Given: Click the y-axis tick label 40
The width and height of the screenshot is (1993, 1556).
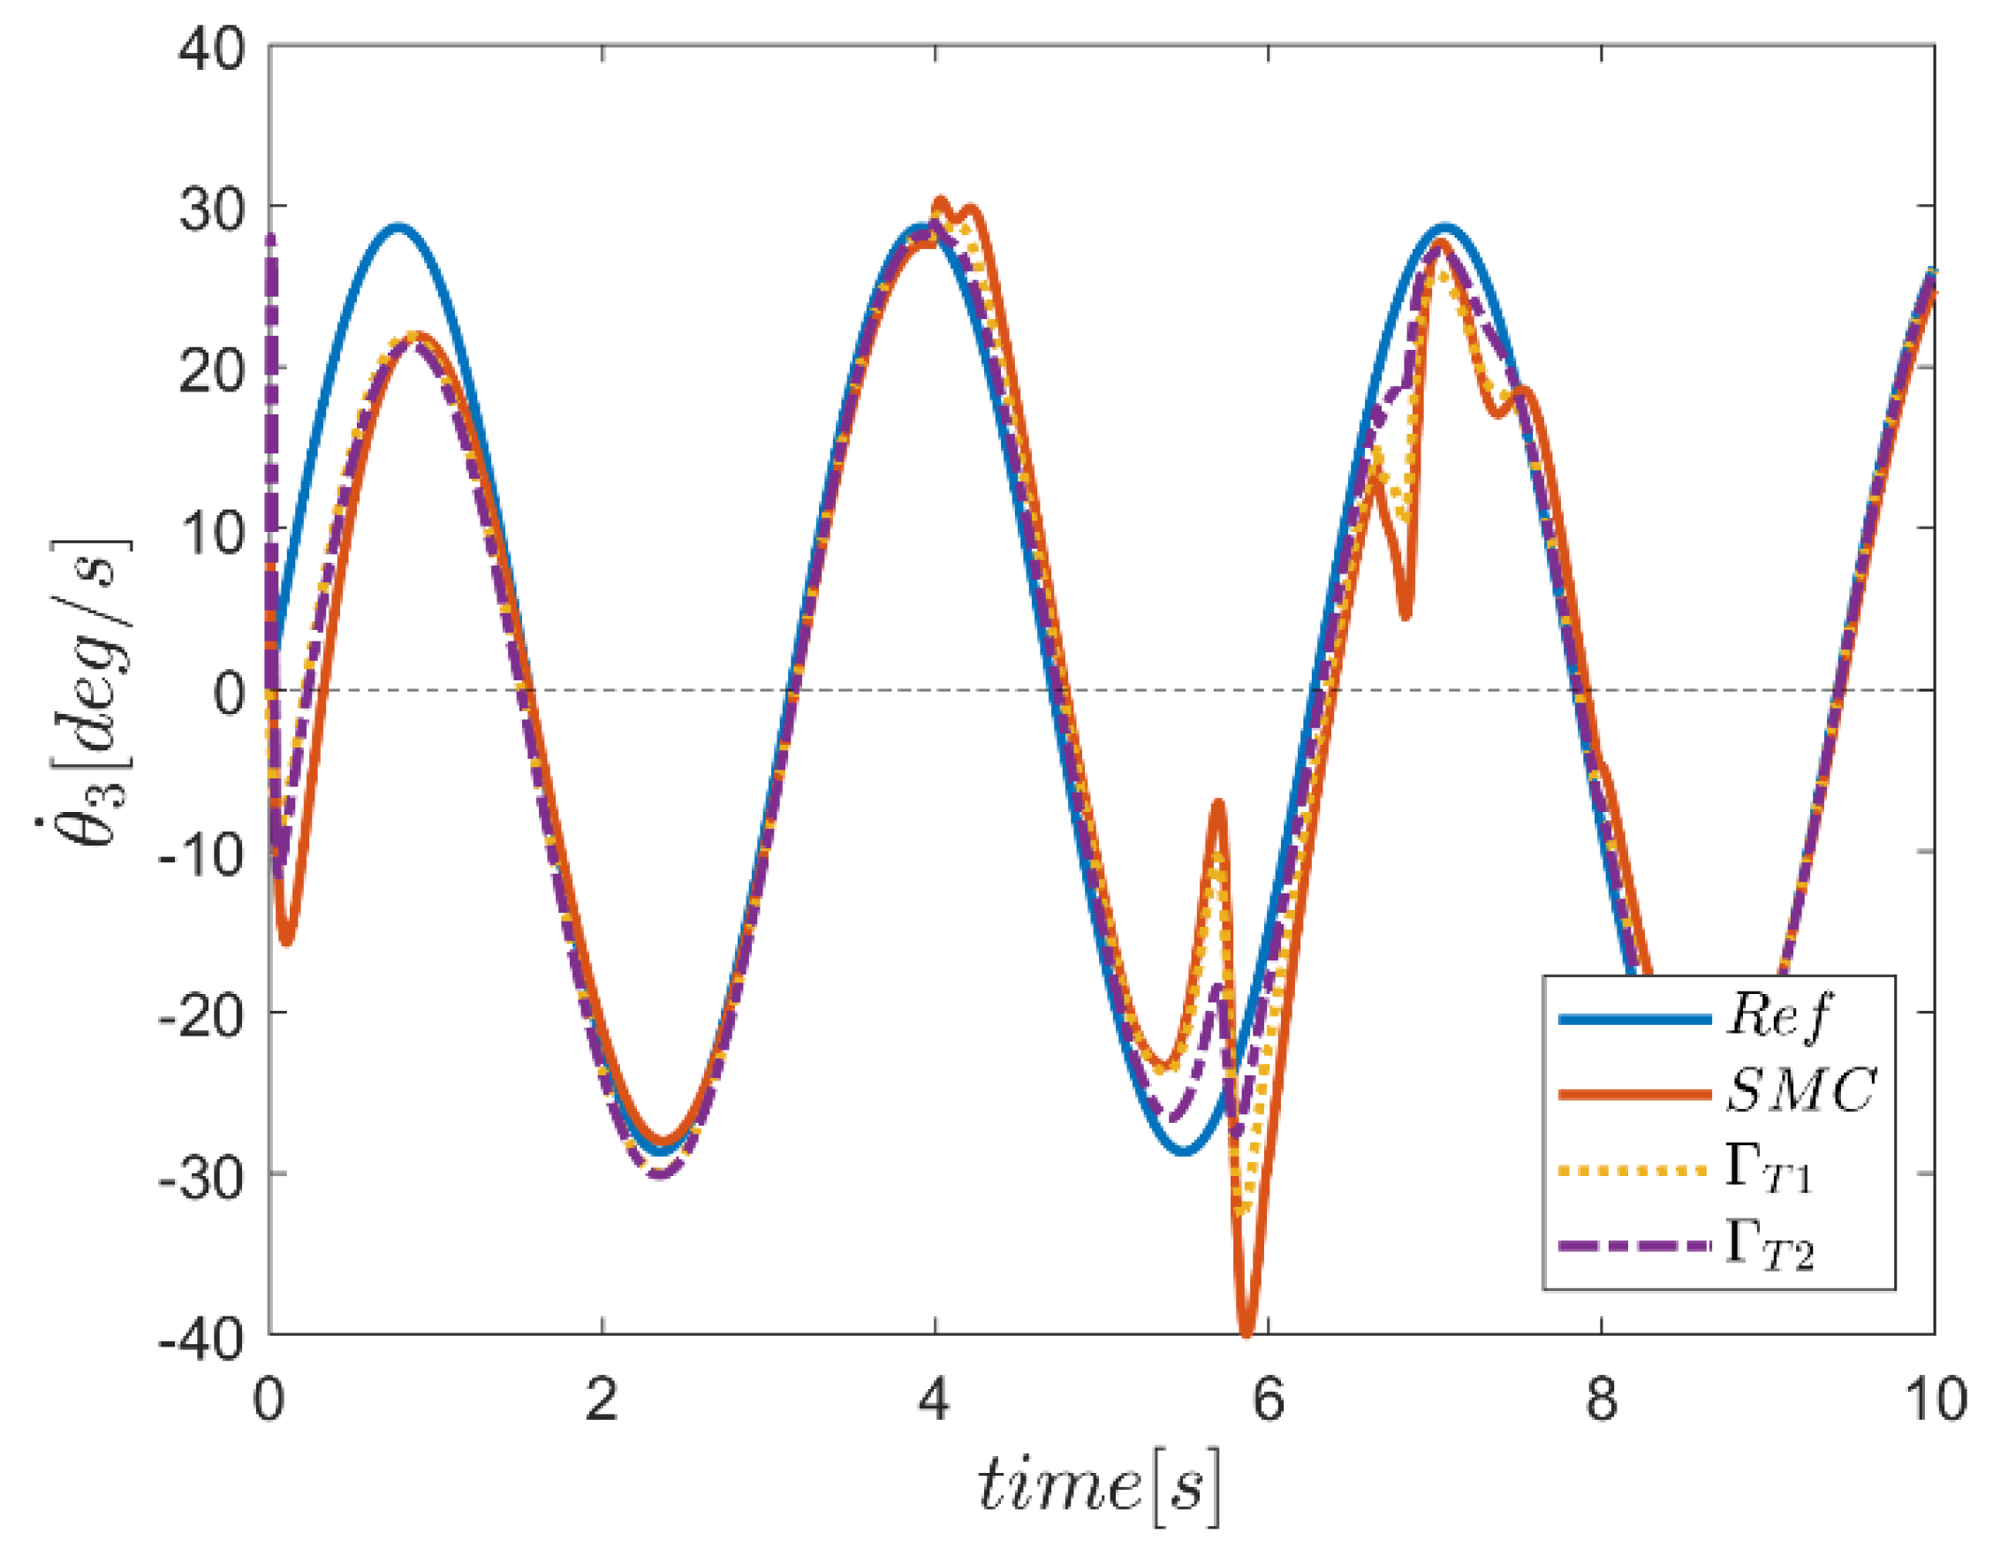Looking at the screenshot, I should [212, 48].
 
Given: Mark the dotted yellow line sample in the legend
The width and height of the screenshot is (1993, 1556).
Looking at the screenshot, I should [1633, 1170].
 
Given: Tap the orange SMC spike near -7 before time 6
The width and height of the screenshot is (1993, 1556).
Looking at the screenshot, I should [1218, 803].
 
